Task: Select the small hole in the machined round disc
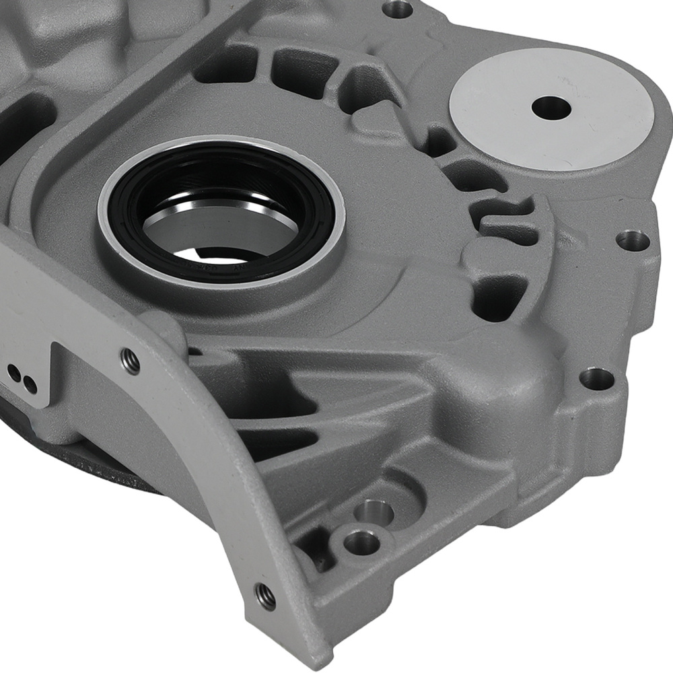point(550,106)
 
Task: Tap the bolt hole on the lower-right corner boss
point(596,378)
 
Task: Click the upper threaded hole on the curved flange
point(132,362)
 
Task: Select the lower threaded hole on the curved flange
point(265,594)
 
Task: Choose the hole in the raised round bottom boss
point(361,541)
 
